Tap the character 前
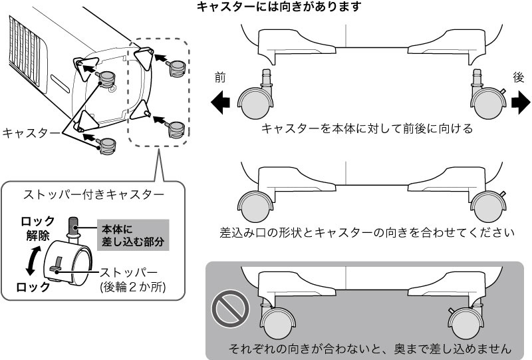220,77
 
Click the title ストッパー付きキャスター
94,195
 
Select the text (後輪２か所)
131,287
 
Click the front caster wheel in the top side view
254,104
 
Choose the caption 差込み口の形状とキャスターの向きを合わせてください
367,234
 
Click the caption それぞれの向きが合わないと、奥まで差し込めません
370,348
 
